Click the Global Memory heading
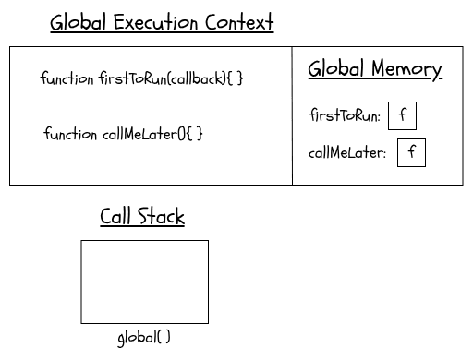[374, 69]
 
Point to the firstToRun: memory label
[345, 116]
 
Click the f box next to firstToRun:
[402, 116]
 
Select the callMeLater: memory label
[347, 153]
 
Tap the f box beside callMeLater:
[411, 152]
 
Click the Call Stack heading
[142, 217]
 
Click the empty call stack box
[144, 282]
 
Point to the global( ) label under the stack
[144, 338]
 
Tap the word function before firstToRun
[67, 78]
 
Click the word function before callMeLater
[70, 134]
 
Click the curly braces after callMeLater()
[195, 134]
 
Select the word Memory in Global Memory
[406, 69]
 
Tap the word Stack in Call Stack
[162, 217]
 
